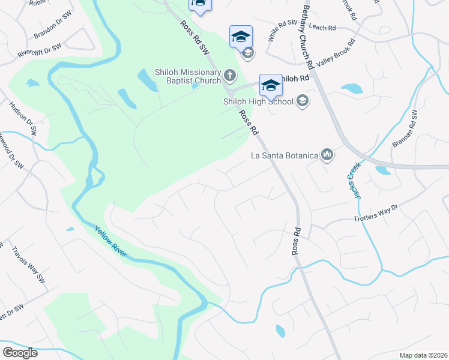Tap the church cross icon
[x=229, y=76]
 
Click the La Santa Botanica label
[x=284, y=156]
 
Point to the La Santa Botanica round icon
[x=327, y=155]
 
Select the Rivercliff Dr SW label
[x=40, y=50]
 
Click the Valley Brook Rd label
[x=337, y=54]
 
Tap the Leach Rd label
[x=323, y=28]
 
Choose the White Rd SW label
[x=283, y=31]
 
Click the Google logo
[x=20, y=352]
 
